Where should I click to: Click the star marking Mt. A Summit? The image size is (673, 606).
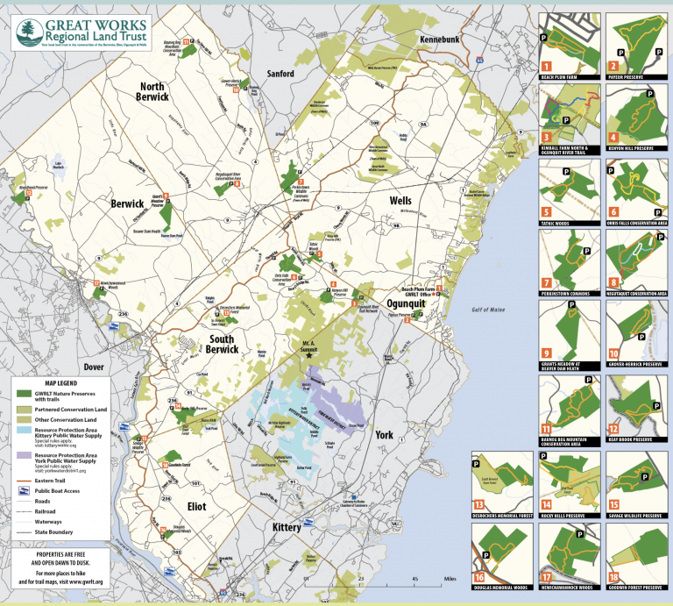click(x=308, y=355)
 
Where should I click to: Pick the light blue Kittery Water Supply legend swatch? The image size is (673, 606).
click(x=25, y=431)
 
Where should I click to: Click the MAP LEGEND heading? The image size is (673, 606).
click(x=57, y=382)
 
